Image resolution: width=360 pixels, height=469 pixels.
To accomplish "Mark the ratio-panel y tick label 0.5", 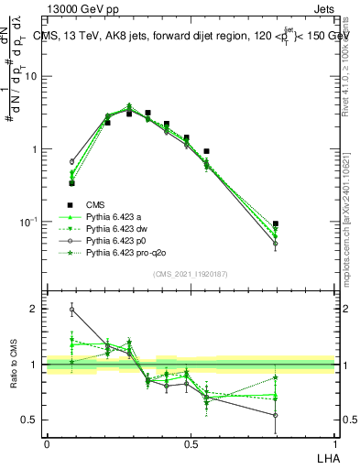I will pos(29,420).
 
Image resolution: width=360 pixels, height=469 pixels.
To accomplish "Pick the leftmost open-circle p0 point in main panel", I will pos(72,161).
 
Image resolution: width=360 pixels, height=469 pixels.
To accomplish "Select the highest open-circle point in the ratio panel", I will pos(72,310).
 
